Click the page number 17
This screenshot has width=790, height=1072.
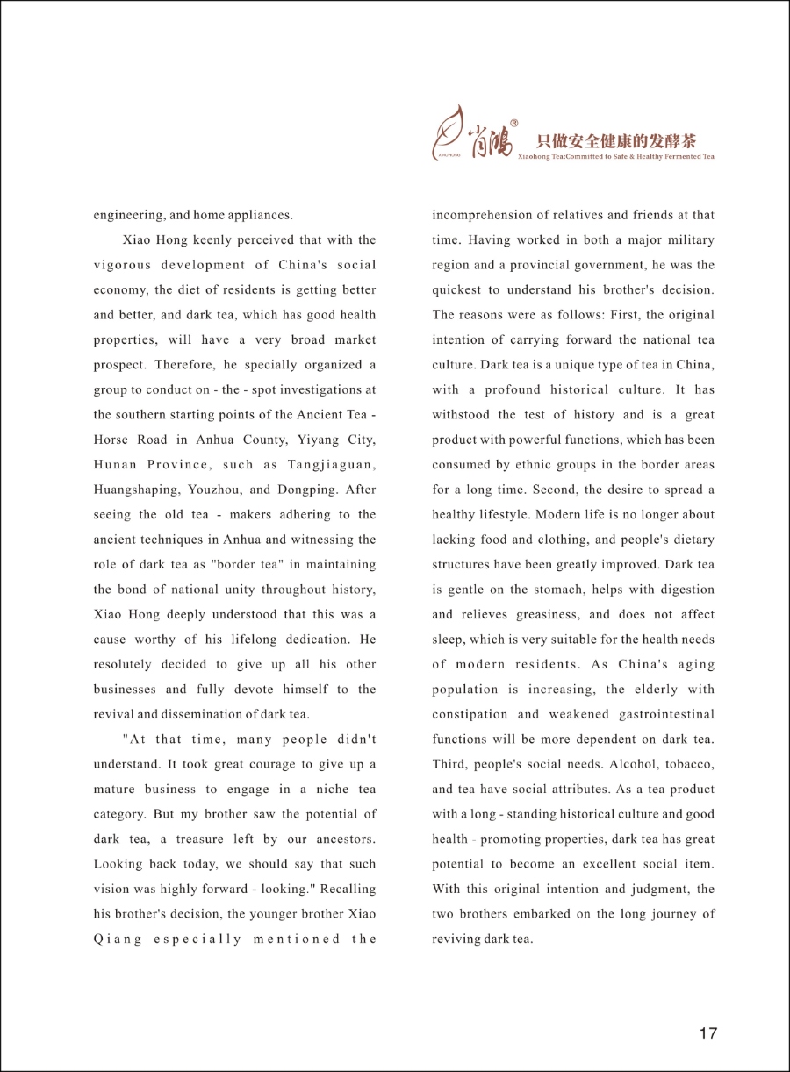coord(708,1033)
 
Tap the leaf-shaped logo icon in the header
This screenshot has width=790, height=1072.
coord(452,132)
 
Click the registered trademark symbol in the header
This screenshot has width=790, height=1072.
coord(514,124)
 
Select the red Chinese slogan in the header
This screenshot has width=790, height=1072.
coord(616,140)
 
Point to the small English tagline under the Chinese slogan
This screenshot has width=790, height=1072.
coord(616,156)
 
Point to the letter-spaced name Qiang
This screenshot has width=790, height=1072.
coord(118,939)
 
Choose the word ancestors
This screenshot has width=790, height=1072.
coord(340,839)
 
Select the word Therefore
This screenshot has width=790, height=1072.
coord(196,365)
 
